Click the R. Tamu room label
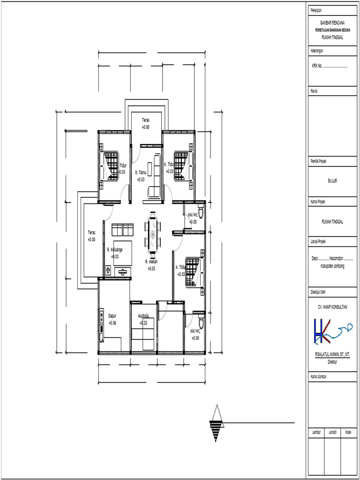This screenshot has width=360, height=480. [x=141, y=172]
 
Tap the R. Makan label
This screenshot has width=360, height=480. [x=151, y=262]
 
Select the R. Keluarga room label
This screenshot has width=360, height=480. [x=114, y=250]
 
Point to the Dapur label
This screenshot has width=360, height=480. [x=112, y=315]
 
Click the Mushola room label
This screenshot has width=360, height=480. [x=143, y=316]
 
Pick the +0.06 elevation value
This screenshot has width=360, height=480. [x=112, y=323]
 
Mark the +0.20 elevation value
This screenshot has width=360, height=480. [x=143, y=322]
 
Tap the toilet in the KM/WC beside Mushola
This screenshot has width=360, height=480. [x=201, y=322]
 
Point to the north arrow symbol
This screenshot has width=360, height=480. [x=216, y=423]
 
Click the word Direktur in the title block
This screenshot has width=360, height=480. [x=332, y=362]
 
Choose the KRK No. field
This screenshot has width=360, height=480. [x=330, y=66]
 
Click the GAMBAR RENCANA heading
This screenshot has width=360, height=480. [x=332, y=22]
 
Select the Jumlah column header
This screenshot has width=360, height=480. [x=332, y=432]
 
